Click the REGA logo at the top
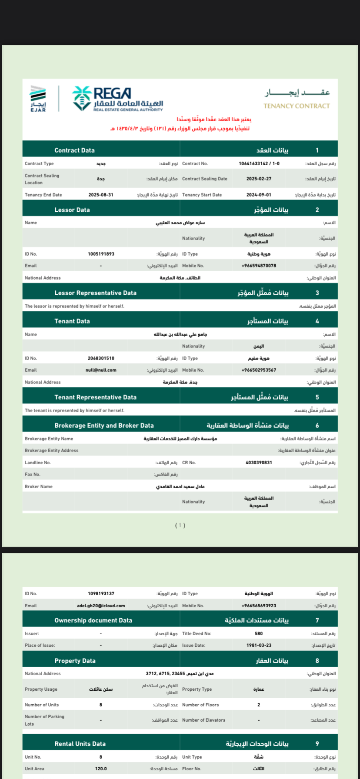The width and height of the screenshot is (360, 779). (x=117, y=99)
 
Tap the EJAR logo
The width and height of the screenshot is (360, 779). (x=38, y=99)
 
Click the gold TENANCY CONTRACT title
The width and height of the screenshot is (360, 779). (x=297, y=106)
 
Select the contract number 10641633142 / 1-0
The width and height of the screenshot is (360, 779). (x=259, y=163)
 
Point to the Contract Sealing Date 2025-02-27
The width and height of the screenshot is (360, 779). (x=259, y=179)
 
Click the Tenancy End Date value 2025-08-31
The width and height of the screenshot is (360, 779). (x=101, y=195)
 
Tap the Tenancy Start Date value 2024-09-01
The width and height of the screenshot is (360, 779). (x=259, y=195)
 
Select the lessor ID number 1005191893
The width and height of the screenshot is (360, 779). (x=101, y=254)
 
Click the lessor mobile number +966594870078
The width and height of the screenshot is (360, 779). (x=259, y=266)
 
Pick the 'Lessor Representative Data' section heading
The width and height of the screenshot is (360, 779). (x=95, y=293)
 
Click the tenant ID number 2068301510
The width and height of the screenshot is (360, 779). (x=101, y=358)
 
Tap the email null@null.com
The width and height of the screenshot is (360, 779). (x=101, y=370)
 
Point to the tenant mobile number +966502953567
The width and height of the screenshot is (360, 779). (x=259, y=370)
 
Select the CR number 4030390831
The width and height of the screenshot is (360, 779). (x=259, y=463)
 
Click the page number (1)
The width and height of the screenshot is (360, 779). (x=180, y=525)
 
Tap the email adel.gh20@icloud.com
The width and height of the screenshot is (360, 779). (x=101, y=606)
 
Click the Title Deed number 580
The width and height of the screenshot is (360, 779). (x=259, y=633)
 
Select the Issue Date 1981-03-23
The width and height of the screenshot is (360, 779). (x=259, y=645)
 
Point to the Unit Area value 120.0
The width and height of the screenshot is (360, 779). (x=101, y=769)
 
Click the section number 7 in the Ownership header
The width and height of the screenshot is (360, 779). (x=317, y=620)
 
